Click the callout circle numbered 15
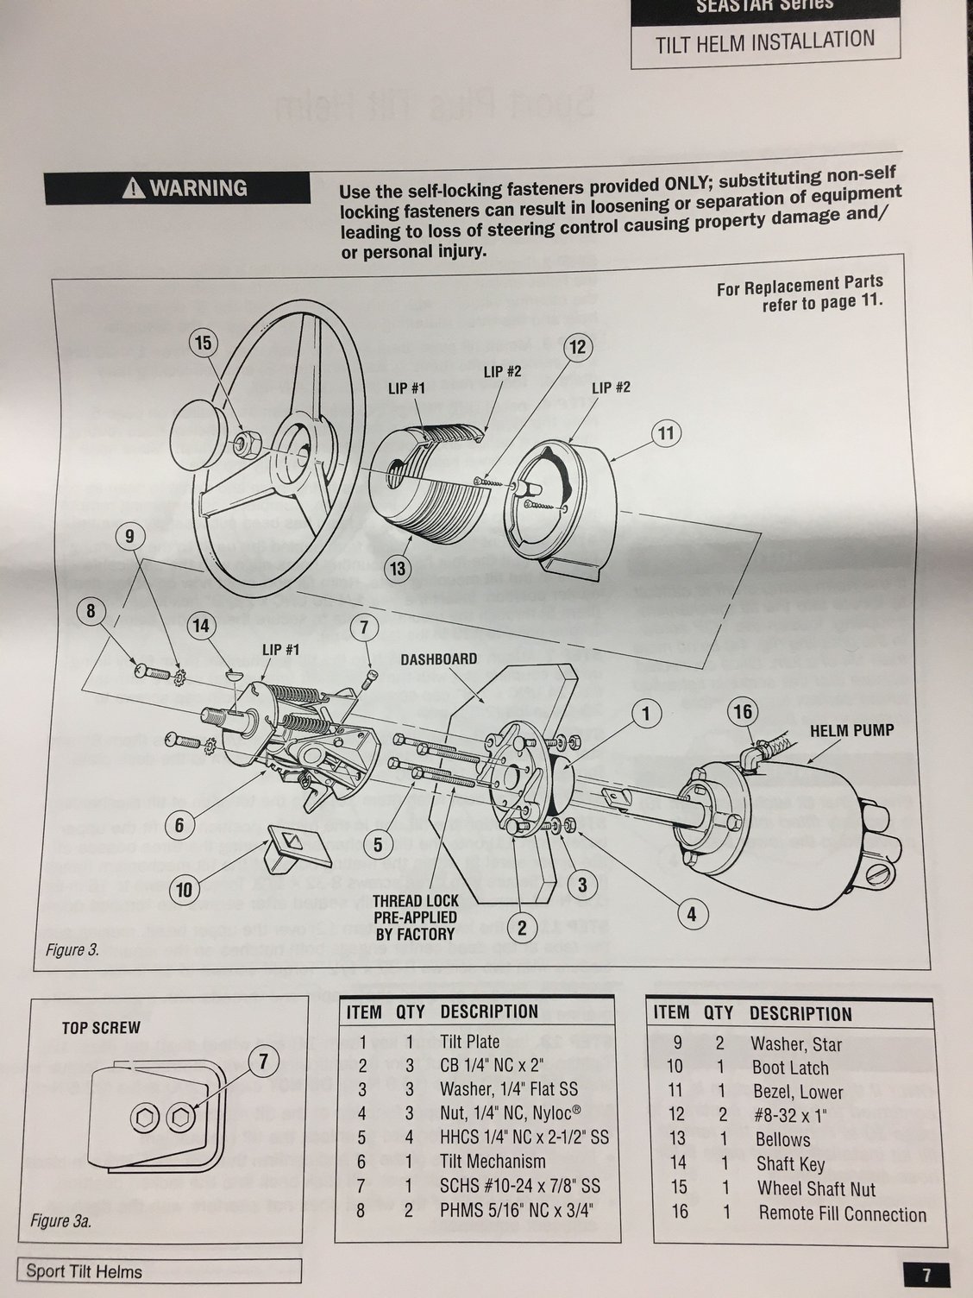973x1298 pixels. point(203,343)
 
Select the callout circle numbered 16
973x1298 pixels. point(743,712)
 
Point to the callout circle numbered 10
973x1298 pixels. point(184,889)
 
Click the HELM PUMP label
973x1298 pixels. point(851,730)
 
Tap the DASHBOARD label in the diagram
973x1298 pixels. point(438,658)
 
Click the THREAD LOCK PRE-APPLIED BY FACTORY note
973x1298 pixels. point(415,917)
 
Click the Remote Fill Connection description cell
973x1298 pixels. point(842,1213)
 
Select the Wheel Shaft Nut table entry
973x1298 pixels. point(816,1188)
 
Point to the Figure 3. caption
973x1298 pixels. point(73,950)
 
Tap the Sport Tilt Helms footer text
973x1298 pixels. point(84,1271)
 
